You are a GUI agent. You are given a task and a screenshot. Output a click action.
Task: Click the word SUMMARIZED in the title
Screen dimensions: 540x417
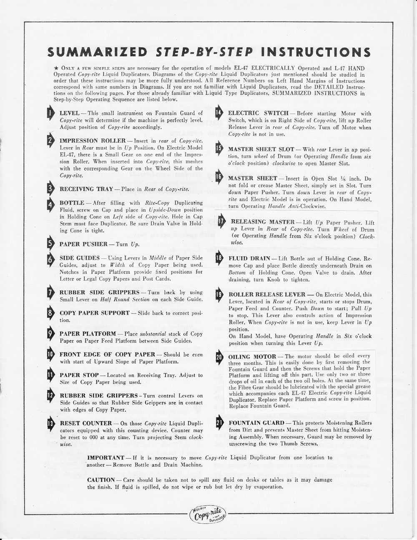(x=97, y=52)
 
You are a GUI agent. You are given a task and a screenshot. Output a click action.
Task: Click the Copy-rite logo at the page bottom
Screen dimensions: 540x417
(x=207, y=515)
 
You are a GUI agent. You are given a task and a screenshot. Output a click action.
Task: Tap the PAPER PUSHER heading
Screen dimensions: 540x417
(x=83, y=244)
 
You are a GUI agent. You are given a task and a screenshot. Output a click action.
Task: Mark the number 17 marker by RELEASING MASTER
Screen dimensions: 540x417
(x=221, y=222)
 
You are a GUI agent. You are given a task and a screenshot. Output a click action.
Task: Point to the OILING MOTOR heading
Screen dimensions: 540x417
(x=252, y=356)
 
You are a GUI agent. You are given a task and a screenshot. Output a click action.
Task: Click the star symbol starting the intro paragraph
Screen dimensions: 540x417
(x=56, y=68)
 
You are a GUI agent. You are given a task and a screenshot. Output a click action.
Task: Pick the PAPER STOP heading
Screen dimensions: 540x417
(x=79, y=375)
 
